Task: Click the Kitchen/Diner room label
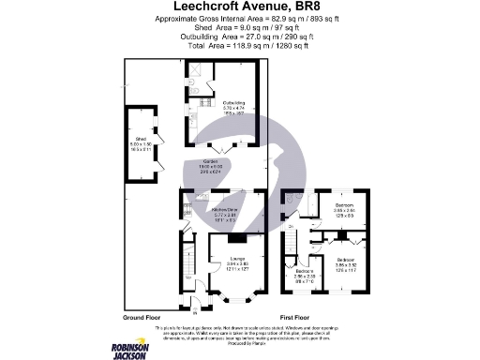224,208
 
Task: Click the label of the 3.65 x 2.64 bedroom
344,207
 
